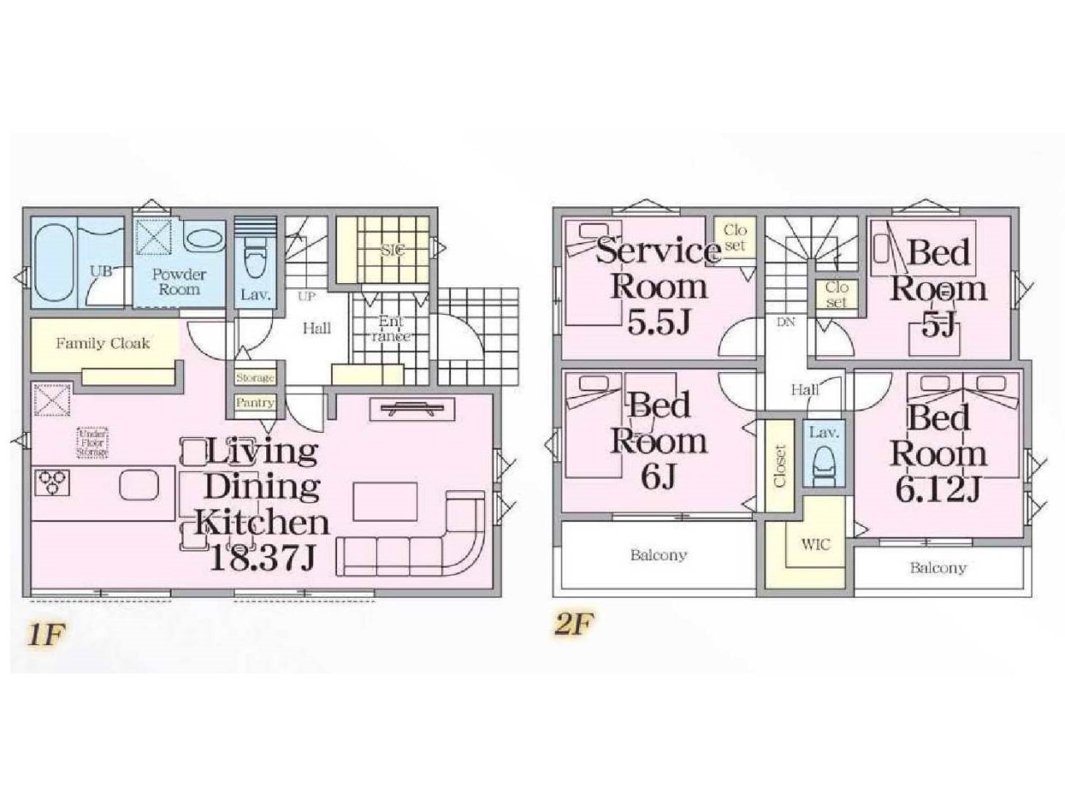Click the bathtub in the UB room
(x=54, y=262)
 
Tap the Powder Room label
(x=179, y=282)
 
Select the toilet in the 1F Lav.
(x=254, y=260)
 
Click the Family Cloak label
(x=102, y=343)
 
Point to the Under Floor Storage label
(x=92, y=441)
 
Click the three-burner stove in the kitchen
(x=52, y=482)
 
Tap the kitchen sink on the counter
(x=139, y=485)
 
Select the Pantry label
(x=255, y=403)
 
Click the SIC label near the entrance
(x=392, y=250)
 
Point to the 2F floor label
(x=574, y=624)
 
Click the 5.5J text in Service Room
(x=659, y=322)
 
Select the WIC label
(x=815, y=545)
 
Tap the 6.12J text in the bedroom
(x=938, y=490)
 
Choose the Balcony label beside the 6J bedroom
(x=658, y=554)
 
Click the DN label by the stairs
(x=785, y=322)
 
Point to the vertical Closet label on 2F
(x=780, y=466)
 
